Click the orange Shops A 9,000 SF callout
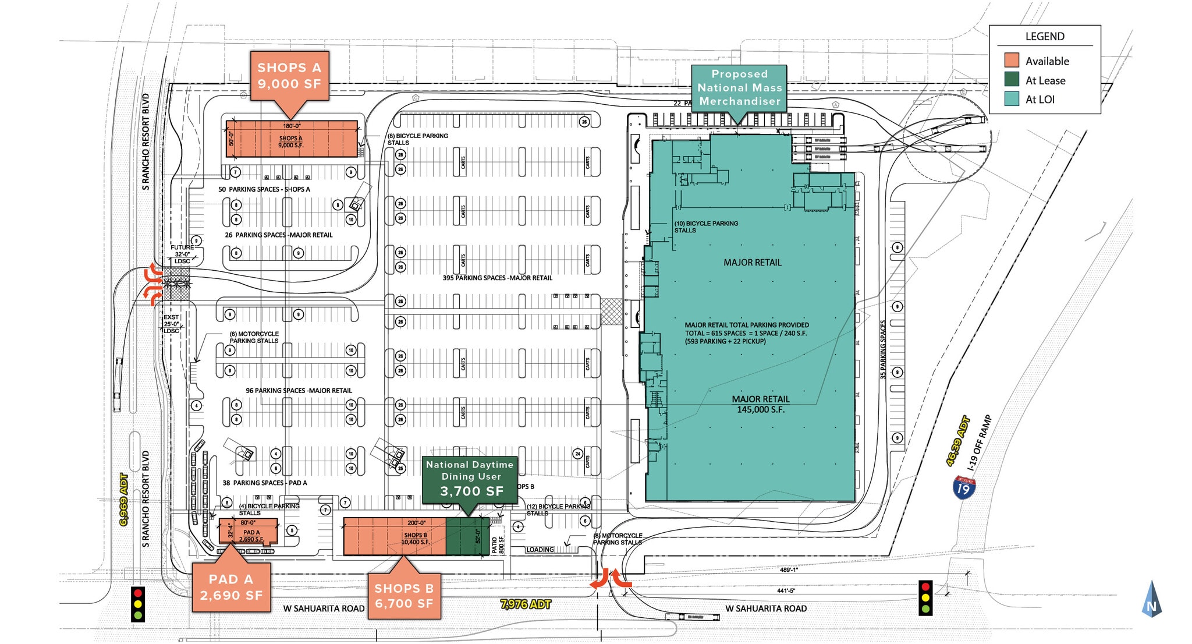click(x=289, y=76)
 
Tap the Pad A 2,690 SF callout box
click(x=231, y=587)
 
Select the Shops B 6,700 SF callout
click(x=404, y=596)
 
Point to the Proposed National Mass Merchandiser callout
click(x=739, y=87)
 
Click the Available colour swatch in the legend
click(x=1012, y=61)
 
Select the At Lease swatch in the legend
click(x=1012, y=80)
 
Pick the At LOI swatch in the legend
click(x=1012, y=99)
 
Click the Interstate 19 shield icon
click(x=964, y=487)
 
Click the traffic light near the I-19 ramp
click(x=925, y=597)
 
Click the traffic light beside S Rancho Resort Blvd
click(x=138, y=604)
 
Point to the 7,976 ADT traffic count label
click(x=525, y=604)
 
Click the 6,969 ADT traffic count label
click(x=123, y=500)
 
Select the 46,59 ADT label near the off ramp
click(x=957, y=441)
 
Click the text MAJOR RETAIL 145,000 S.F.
click(x=761, y=404)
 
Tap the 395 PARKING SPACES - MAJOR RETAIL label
click(x=497, y=278)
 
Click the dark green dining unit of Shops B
click(x=467, y=536)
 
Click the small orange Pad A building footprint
click(x=248, y=532)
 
